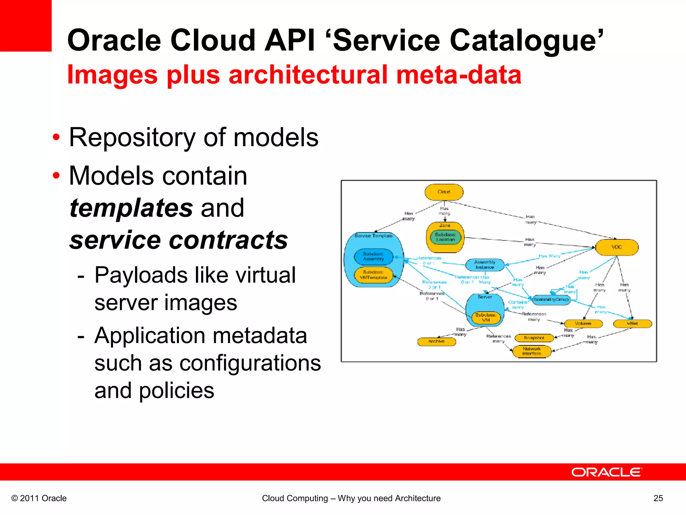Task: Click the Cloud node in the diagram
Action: [x=444, y=192]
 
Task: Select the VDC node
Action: [x=617, y=247]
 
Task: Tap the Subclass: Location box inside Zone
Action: [x=445, y=237]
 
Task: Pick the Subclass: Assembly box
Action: [x=373, y=256]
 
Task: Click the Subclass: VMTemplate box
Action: [x=373, y=275]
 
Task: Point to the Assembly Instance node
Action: [x=485, y=265]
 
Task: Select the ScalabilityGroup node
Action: [x=551, y=299]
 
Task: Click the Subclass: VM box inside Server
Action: [x=486, y=318]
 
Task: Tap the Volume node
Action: [x=583, y=324]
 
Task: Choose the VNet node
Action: [x=632, y=324]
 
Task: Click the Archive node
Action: [x=436, y=341]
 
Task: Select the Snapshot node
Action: [x=534, y=338]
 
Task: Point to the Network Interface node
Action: [x=532, y=351]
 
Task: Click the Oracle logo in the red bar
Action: [x=607, y=472]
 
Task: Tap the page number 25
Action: [x=658, y=498]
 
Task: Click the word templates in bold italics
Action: [x=131, y=208]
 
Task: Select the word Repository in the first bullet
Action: [x=132, y=138]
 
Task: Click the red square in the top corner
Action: [x=25, y=25]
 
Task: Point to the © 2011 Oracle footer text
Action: [x=39, y=498]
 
